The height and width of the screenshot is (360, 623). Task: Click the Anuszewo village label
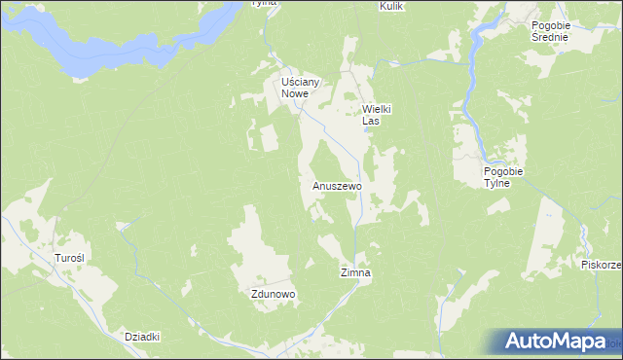(x=337, y=185)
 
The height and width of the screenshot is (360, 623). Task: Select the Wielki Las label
(x=376, y=116)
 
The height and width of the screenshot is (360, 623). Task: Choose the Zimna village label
(x=355, y=274)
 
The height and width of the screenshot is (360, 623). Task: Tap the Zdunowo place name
(x=273, y=294)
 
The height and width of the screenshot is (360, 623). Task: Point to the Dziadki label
(x=142, y=337)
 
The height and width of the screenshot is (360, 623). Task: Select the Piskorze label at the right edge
(x=601, y=265)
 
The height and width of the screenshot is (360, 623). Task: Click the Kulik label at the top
(x=391, y=6)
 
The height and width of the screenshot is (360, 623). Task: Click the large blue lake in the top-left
(x=107, y=39)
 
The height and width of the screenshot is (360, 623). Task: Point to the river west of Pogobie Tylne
(x=468, y=97)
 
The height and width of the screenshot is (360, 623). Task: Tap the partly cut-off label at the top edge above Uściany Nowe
(x=264, y=3)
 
